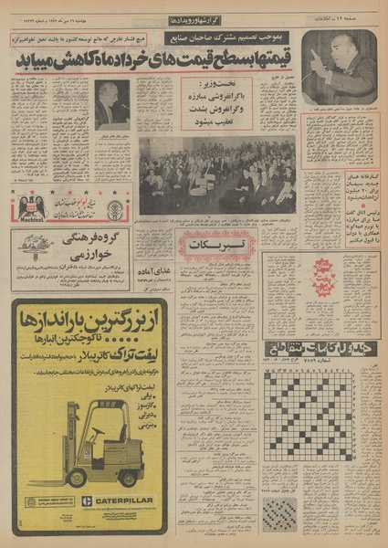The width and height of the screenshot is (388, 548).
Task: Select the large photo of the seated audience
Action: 216,175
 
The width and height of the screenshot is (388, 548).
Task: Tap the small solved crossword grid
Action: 279,513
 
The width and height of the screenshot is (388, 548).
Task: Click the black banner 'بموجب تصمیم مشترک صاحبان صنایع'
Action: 233,38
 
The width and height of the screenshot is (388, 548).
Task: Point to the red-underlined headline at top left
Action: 87,39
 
